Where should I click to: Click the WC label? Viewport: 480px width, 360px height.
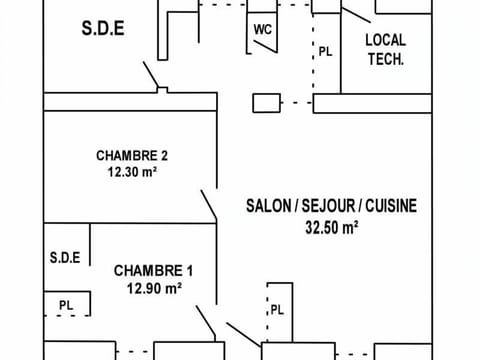263,29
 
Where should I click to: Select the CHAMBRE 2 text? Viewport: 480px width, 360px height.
131,155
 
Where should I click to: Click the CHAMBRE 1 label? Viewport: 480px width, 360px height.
152,271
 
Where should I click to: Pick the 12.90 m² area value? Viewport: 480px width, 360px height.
153,288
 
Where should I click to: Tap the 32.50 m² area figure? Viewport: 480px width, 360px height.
331,227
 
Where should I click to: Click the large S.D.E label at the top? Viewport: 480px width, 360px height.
102,29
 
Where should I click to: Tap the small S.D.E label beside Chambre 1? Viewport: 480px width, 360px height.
64,258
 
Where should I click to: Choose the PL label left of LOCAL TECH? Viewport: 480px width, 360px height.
325,51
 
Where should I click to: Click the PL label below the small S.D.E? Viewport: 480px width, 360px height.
66,305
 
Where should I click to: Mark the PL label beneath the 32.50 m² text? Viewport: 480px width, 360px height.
277,310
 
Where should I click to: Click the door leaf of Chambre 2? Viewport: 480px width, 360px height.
210,205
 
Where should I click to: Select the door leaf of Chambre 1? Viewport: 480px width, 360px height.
207,321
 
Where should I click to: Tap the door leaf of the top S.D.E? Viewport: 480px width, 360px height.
151,75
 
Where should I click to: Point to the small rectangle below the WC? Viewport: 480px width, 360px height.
266,102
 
